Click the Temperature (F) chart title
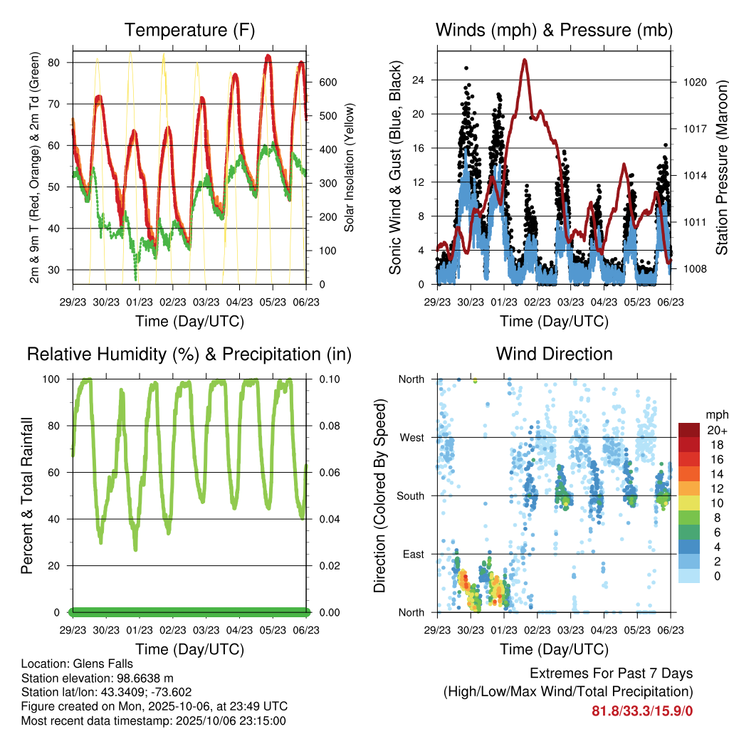click(x=189, y=30)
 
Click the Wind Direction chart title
click(x=554, y=354)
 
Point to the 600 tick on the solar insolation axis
click(x=327, y=83)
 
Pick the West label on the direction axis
click(x=411, y=437)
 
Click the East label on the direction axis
click(x=412, y=554)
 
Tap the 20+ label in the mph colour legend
click(x=716, y=430)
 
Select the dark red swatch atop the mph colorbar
click(x=688, y=430)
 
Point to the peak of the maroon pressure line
click(x=525, y=60)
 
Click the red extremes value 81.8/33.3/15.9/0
click(x=642, y=710)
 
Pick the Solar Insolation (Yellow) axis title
click(x=350, y=168)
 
